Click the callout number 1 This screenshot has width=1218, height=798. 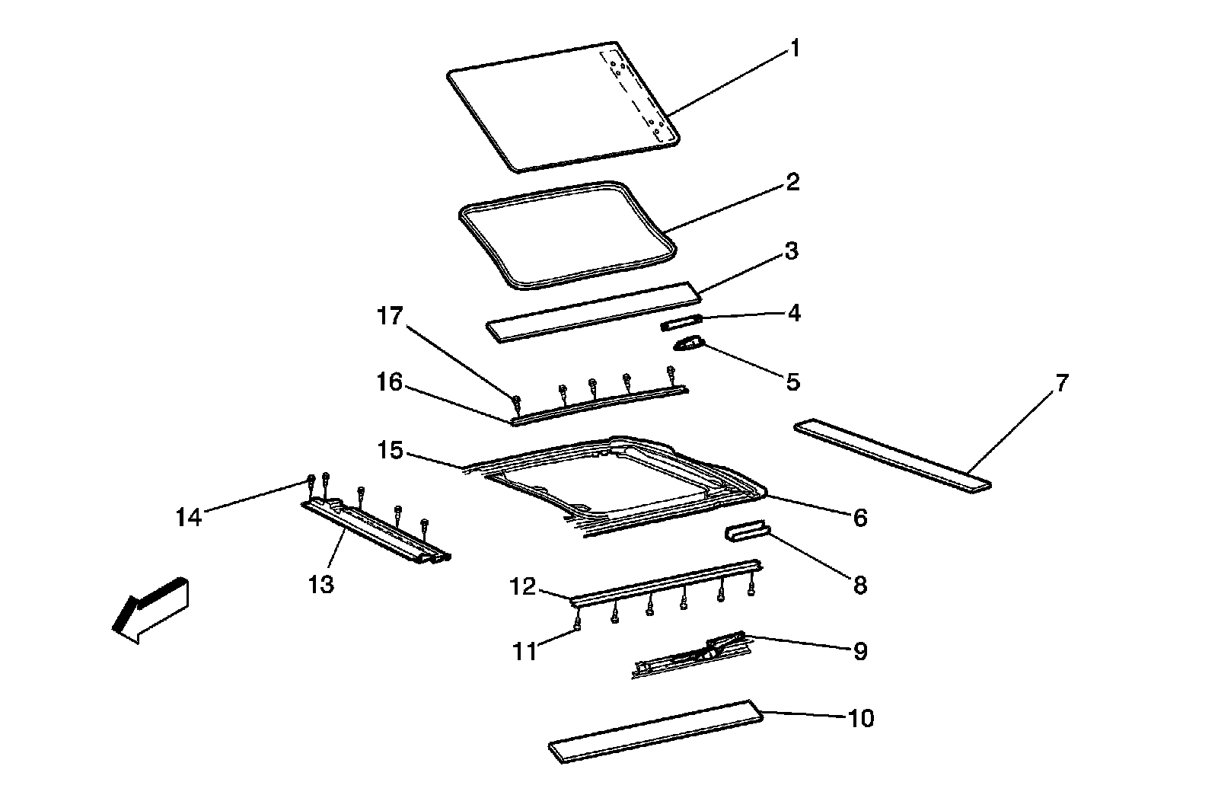(794, 50)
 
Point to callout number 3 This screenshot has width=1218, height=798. (792, 251)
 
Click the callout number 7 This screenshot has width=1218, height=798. (1061, 382)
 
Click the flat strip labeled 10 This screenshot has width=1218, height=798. (655, 730)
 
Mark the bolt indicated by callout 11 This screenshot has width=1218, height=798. (577, 624)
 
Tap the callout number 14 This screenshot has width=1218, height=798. (188, 518)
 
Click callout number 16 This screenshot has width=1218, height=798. (390, 382)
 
